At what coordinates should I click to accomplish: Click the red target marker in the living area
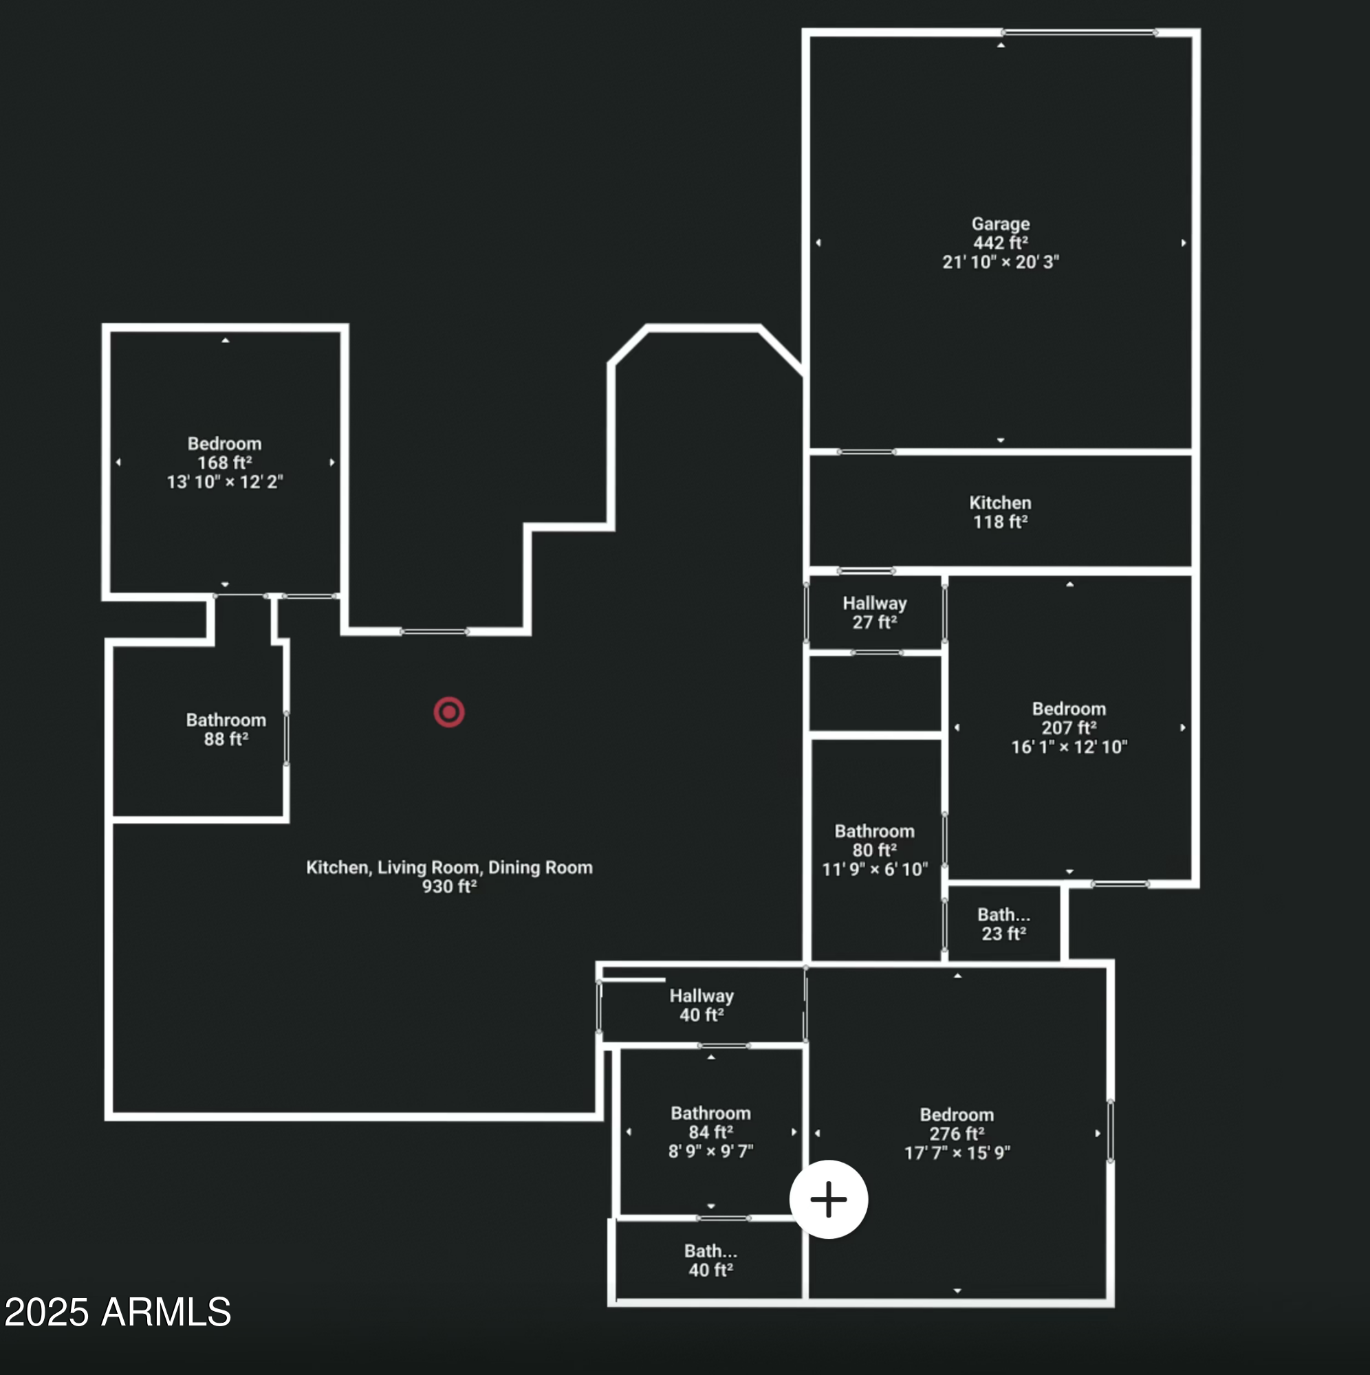pos(449,712)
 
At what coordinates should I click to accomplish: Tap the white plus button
pos(828,1199)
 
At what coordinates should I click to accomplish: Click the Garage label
pos(1001,224)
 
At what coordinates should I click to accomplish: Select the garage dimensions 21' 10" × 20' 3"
pos(1001,263)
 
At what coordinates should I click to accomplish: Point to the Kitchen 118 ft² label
pos(1000,512)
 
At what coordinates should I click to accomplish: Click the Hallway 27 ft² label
pos(874,613)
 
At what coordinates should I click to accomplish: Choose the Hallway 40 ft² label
pos(702,1006)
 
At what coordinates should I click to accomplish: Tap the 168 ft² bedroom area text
pos(224,463)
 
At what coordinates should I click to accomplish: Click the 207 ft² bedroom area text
pos(1069,728)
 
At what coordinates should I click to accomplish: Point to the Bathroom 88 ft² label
pos(226,729)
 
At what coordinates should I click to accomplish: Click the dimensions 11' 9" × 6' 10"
pos(874,870)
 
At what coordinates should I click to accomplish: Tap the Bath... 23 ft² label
pos(1003,925)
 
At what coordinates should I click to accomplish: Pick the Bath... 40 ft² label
pos(710,1260)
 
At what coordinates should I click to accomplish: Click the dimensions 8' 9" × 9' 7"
pos(710,1152)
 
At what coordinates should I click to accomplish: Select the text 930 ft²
pos(449,887)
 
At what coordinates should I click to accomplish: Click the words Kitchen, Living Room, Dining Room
pos(449,868)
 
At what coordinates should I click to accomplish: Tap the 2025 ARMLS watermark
pos(118,1312)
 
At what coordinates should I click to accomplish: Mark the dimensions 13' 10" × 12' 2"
pos(224,483)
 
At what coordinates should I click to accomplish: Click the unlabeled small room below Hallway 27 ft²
pos(875,692)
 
